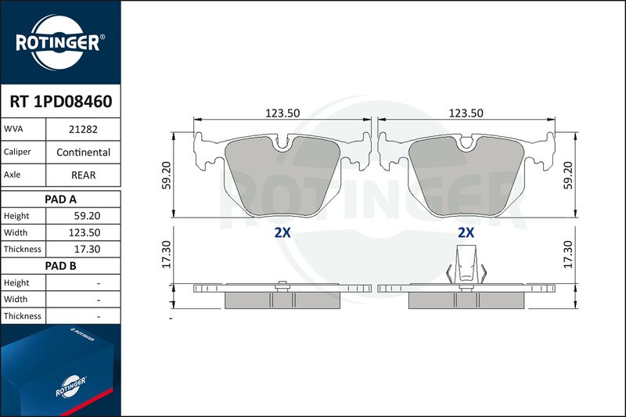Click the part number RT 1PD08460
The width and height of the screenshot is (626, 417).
pyautogui.click(x=61, y=102)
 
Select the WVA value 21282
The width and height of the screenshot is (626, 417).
pyautogui.click(x=83, y=129)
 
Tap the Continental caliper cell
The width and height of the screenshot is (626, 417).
pyautogui.click(x=83, y=152)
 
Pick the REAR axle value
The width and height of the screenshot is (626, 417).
pyautogui.click(x=83, y=175)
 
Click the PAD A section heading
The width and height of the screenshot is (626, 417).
pyautogui.click(x=61, y=200)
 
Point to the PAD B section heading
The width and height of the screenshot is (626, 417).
pyautogui.click(x=61, y=266)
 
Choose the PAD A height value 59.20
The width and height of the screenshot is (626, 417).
pyautogui.click(x=87, y=216)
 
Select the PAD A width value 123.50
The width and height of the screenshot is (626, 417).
pyautogui.click(x=85, y=232)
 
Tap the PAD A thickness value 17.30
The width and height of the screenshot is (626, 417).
pyautogui.click(x=87, y=250)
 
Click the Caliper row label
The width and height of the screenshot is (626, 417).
pyautogui.click(x=17, y=152)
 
